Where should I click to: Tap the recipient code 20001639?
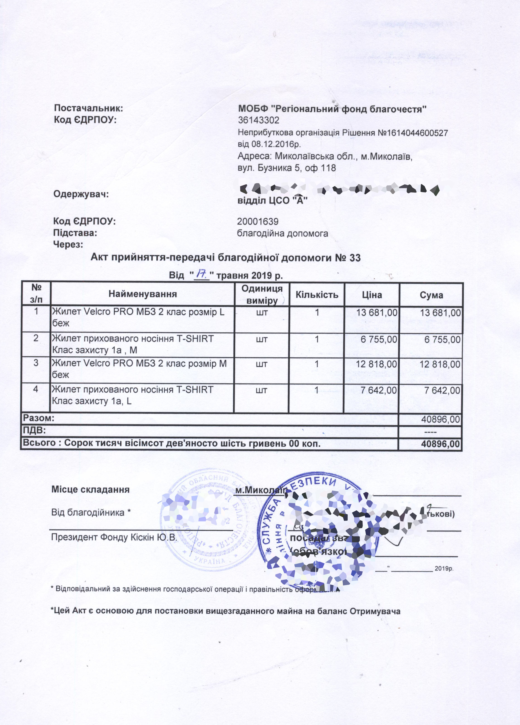click(x=258, y=222)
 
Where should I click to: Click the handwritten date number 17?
click(x=202, y=274)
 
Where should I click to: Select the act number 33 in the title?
click(x=355, y=258)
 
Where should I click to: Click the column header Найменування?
click(x=143, y=294)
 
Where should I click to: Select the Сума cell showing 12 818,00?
click(x=440, y=364)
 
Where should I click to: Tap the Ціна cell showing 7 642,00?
click(x=379, y=390)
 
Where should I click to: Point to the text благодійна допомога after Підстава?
click(x=283, y=234)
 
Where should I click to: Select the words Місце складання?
click(x=91, y=490)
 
